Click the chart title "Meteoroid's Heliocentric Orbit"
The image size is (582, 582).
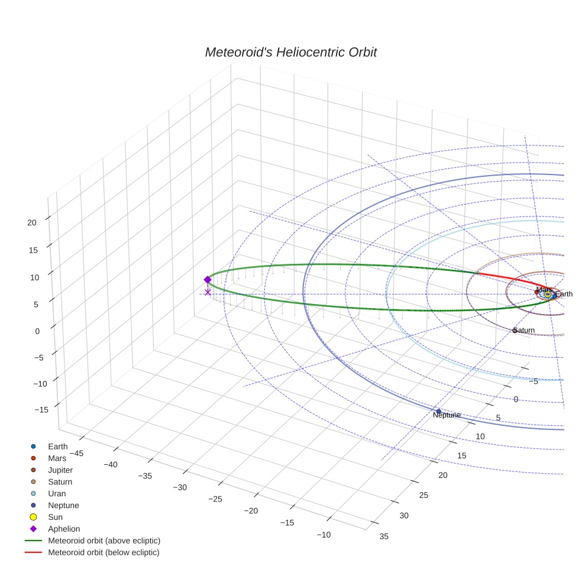click(x=290, y=53)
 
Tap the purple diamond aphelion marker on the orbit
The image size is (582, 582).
click(x=208, y=280)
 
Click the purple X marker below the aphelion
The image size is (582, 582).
click(x=208, y=292)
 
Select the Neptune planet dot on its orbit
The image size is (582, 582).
click(x=438, y=411)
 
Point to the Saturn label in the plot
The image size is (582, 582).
click(x=524, y=330)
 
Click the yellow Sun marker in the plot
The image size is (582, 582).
click(x=548, y=294)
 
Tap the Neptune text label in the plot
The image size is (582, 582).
click(x=447, y=415)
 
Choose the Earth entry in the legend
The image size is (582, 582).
click(x=58, y=447)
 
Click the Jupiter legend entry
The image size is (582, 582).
click(x=60, y=470)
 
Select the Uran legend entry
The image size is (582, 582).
click(x=57, y=493)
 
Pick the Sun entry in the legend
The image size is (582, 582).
click(x=55, y=517)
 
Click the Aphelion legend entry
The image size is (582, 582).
click(x=63, y=529)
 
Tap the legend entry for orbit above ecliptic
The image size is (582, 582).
click(x=104, y=541)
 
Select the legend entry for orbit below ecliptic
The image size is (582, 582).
click(x=104, y=552)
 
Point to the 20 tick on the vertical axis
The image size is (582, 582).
click(x=32, y=222)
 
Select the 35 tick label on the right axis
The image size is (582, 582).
click(x=384, y=536)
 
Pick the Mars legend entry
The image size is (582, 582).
click(x=57, y=458)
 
